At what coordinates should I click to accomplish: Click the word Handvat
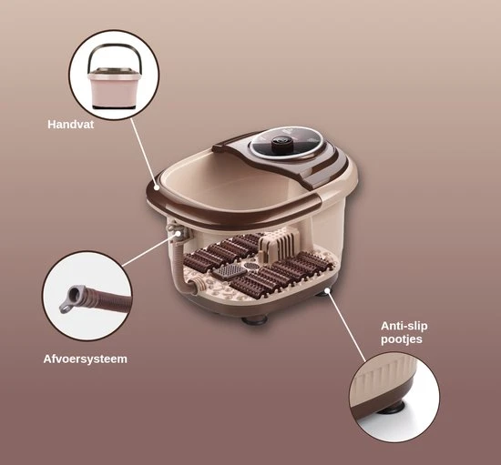[x=71, y=125]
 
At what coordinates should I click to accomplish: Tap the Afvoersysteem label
[x=86, y=359]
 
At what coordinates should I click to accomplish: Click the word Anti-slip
[x=404, y=326]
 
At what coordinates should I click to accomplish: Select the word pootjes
[x=402, y=339]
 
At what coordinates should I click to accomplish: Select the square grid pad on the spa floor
[x=227, y=271]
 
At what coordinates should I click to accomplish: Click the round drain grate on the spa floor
[x=251, y=266]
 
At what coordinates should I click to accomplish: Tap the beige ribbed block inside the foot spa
[x=279, y=245]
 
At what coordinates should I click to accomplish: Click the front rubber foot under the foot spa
[x=254, y=319]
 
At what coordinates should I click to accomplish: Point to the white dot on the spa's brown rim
[x=157, y=187]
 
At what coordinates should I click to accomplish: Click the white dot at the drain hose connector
[x=178, y=234]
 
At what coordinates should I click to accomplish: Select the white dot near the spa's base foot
[x=327, y=290]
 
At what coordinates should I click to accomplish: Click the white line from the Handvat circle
[x=143, y=153]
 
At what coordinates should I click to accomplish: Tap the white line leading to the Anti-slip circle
[x=346, y=326]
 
